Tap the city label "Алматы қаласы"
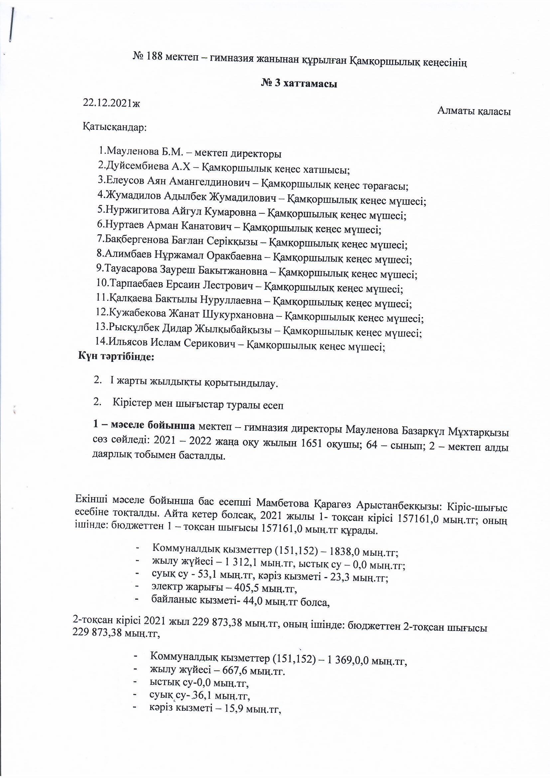click(x=474, y=111)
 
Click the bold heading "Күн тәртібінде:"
click(x=116, y=356)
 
